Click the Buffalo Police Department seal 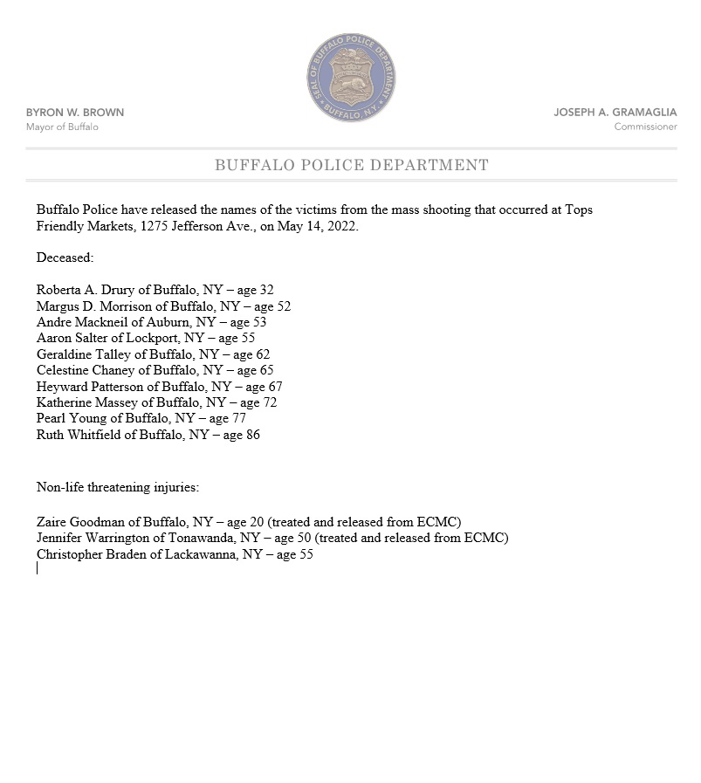(351, 80)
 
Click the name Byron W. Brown (75, 113)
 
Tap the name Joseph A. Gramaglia (615, 113)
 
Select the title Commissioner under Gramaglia (645, 127)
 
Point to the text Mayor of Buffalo (62, 127)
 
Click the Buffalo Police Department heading (351, 165)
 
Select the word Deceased (65, 258)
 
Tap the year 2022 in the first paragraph (341, 226)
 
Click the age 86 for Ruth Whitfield (252, 435)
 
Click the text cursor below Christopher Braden (38, 568)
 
